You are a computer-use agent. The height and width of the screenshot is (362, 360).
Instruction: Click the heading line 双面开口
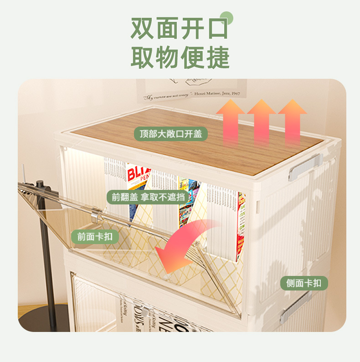tap(179, 28)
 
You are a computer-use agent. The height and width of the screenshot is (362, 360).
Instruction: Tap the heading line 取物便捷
tap(180, 58)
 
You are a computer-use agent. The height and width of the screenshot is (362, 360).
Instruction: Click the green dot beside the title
tap(226, 18)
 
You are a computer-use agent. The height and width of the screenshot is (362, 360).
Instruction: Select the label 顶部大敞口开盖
tap(171, 134)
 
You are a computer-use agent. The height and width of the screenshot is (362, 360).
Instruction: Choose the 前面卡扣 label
tap(95, 236)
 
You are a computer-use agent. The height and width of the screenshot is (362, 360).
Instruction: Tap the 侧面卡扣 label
tap(303, 283)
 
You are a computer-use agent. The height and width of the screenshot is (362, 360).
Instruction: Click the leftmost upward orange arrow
tap(231, 119)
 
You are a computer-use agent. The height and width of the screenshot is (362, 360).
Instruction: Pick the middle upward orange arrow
tap(261, 119)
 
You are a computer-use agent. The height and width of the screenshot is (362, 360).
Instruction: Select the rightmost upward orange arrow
tap(292, 119)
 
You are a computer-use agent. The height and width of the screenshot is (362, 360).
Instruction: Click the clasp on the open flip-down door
tap(95, 214)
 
